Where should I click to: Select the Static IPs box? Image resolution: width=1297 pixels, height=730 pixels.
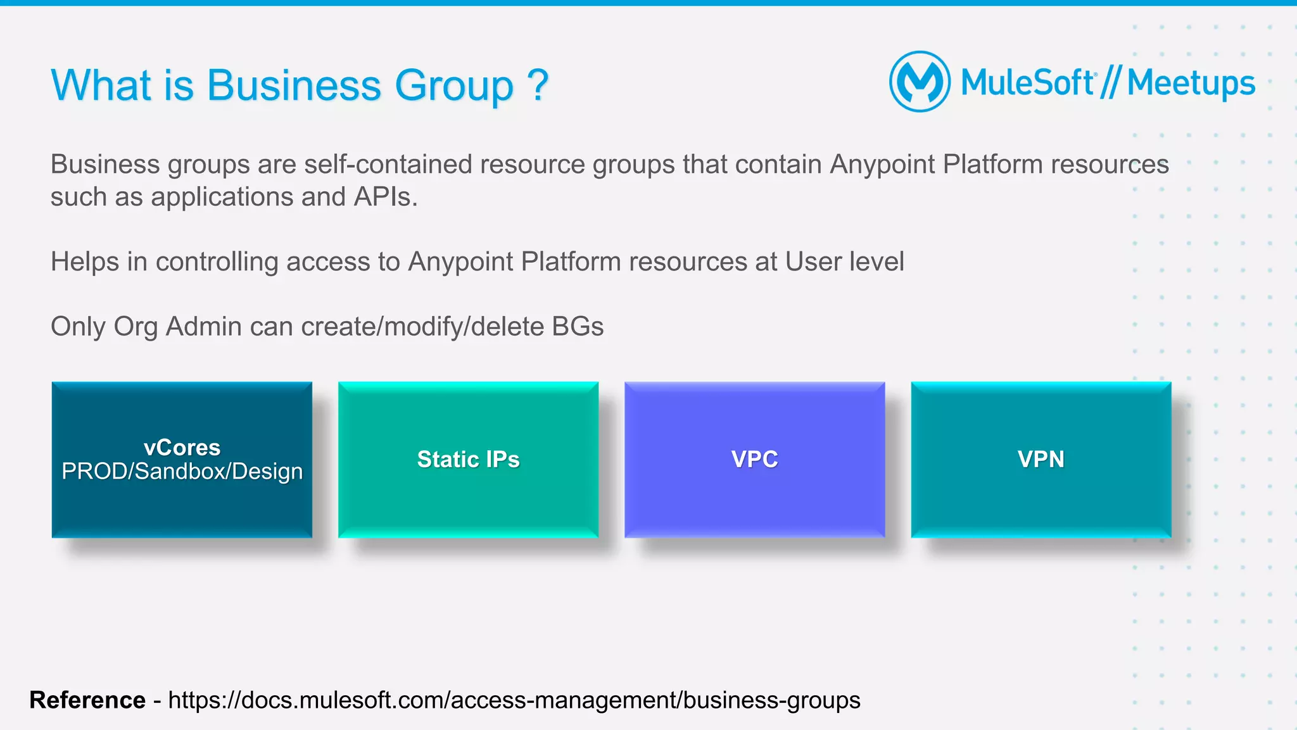(468, 460)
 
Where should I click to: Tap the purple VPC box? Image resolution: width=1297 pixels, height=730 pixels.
(754, 460)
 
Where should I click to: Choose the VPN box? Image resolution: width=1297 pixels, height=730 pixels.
(1041, 460)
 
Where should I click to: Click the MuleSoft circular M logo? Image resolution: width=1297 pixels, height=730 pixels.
(920, 82)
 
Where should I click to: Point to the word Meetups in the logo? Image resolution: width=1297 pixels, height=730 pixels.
(1191, 83)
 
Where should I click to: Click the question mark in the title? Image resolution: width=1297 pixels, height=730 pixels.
(537, 85)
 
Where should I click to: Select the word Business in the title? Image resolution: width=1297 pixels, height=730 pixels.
(293, 85)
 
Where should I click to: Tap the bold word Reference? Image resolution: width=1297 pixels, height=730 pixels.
(87, 700)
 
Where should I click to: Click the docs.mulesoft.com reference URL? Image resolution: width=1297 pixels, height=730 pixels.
(514, 700)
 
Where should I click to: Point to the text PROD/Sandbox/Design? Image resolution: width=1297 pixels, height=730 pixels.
(182, 472)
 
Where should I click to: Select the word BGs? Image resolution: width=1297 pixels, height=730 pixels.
(578, 327)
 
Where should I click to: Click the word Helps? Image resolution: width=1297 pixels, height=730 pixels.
(85, 262)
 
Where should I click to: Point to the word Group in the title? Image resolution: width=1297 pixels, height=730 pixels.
(453, 85)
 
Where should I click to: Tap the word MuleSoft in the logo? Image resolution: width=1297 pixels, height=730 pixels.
(1027, 83)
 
